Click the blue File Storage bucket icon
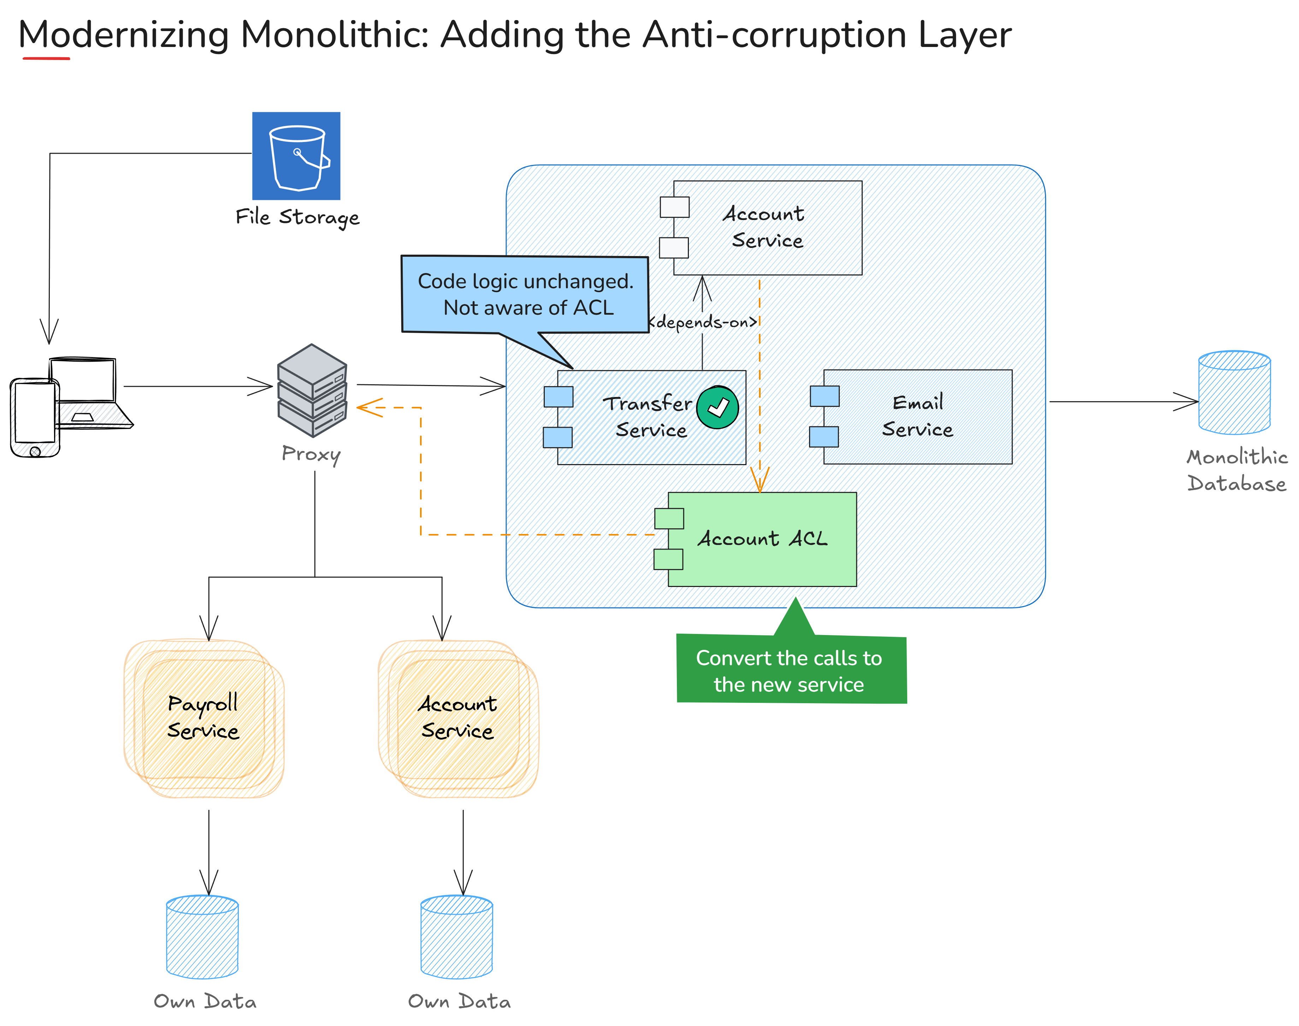tap(296, 156)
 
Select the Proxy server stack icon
tap(312, 391)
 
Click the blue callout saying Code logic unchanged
tap(525, 294)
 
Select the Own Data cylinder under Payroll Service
tap(202, 937)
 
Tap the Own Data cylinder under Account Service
tap(457, 937)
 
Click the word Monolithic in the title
tap(335, 35)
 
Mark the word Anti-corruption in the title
tap(774, 35)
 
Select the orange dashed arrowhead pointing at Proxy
tap(368, 407)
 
